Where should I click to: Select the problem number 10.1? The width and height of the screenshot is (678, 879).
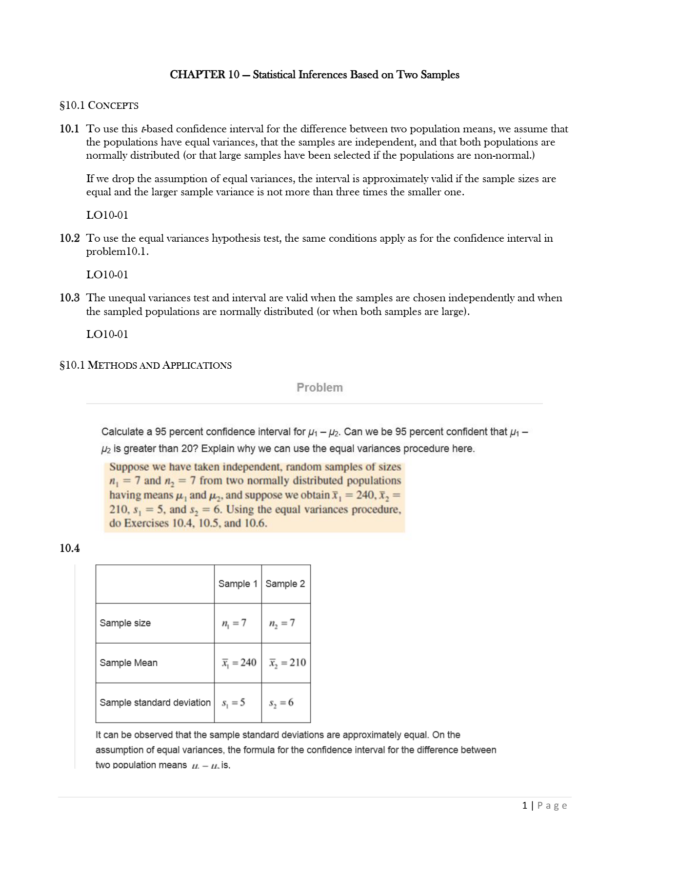point(69,129)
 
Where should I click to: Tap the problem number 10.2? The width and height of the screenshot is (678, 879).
point(69,238)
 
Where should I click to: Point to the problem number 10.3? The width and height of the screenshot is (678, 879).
point(69,298)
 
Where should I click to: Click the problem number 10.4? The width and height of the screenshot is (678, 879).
point(69,548)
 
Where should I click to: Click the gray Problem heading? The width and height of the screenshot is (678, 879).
point(319,387)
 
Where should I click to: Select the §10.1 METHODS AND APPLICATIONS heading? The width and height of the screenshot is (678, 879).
point(145,365)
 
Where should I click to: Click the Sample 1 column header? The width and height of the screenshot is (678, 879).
point(238,584)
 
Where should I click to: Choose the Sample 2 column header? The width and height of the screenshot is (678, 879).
point(285,584)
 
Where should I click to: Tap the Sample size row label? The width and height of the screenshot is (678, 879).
point(125,623)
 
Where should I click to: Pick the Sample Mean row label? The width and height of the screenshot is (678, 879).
point(128,663)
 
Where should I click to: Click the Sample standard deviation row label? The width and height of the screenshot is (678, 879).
point(155,702)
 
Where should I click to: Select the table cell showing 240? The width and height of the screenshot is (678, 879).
point(239,663)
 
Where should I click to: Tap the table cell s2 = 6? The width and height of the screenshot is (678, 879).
point(281,703)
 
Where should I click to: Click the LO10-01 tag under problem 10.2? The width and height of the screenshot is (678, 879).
point(107,274)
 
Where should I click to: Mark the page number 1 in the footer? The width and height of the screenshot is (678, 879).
point(524,806)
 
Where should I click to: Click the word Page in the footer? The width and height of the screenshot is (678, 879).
point(552,806)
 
